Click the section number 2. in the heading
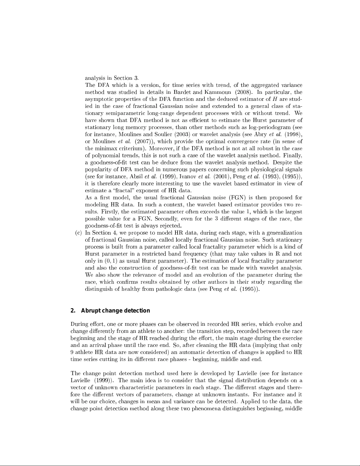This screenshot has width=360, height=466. coord(73,311)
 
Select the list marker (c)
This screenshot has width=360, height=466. coord(78,233)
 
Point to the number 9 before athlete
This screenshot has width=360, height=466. coord(72,352)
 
